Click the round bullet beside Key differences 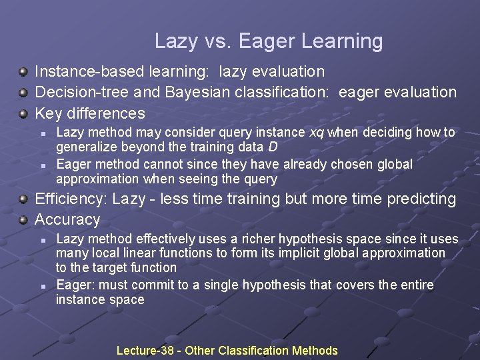click(23, 113)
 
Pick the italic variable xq click(317, 132)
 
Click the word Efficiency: click(71, 199)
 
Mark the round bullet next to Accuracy click(23, 220)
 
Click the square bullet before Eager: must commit click(41, 286)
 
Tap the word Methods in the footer click(315, 351)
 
